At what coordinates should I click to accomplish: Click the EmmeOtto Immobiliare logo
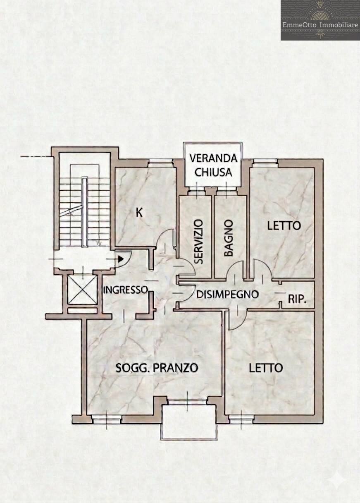coord(320,20)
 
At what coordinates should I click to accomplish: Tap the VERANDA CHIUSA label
coord(213,165)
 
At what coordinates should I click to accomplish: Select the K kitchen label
coord(140,213)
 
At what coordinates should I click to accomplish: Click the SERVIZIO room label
coord(199,242)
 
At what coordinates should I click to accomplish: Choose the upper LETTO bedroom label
coord(284,226)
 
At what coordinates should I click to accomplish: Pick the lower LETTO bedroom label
coord(266,368)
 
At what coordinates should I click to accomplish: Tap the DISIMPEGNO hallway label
coord(227,295)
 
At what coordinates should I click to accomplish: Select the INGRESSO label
coord(125,290)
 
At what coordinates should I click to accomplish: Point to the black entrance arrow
coord(121,259)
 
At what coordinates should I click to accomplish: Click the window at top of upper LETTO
coord(265,162)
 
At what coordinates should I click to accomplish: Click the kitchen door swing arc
coord(165,240)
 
